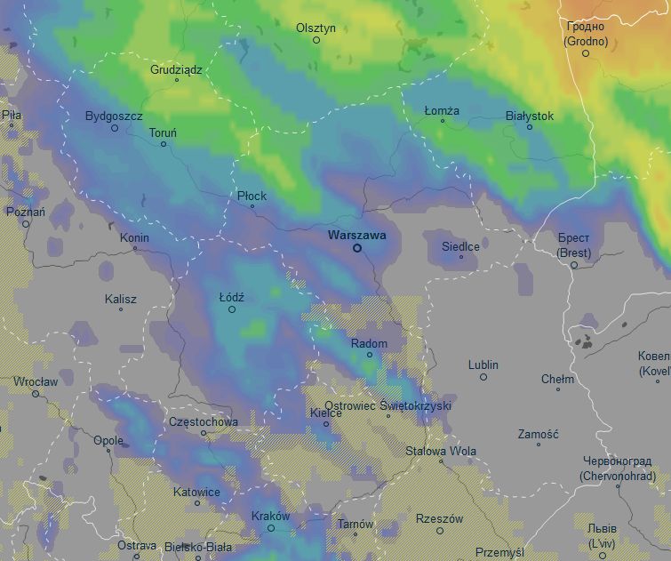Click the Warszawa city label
(356, 236)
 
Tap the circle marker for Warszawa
(357, 248)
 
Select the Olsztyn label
(316, 28)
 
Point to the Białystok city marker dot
(530, 127)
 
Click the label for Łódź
(231, 297)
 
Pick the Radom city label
(369, 343)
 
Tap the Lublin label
(483, 365)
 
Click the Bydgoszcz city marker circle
(115, 128)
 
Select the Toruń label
(163, 132)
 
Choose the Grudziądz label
(176, 68)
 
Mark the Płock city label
(252, 196)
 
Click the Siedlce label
(460, 246)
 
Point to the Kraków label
(271, 516)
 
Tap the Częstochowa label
(204, 421)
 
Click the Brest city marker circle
(574, 265)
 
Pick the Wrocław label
(36, 381)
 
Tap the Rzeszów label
(439, 518)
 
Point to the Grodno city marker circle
(586, 53)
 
